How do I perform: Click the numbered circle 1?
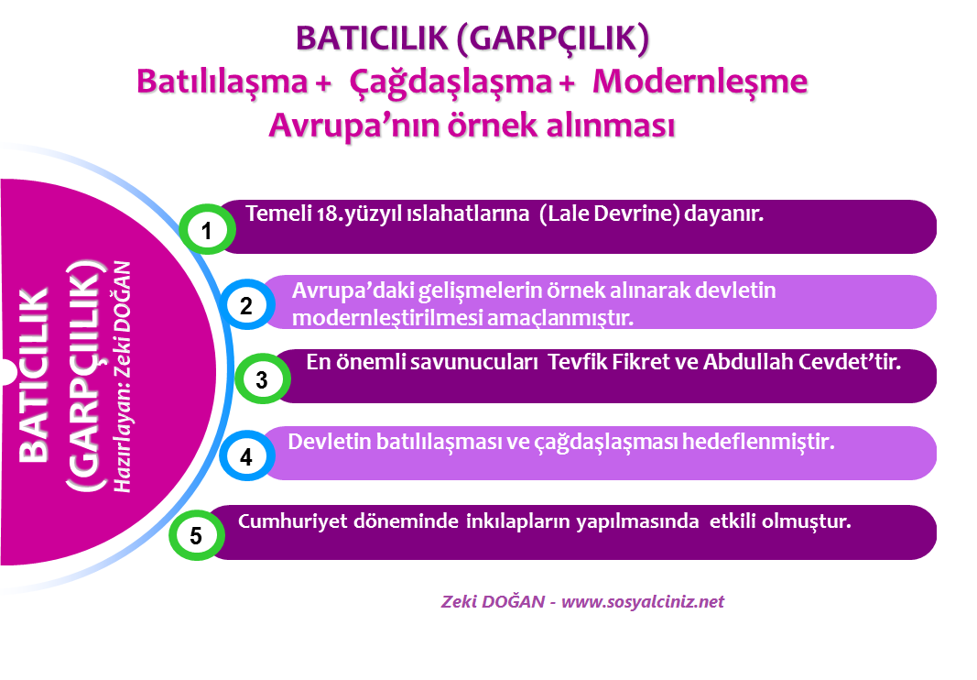click(x=207, y=230)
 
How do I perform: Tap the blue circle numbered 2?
click(x=246, y=305)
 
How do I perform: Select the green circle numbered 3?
click(x=262, y=378)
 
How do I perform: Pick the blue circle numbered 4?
click(x=246, y=456)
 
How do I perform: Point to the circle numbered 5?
click(x=196, y=535)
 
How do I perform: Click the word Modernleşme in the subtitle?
click(x=700, y=82)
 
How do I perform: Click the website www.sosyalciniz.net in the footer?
click(x=643, y=601)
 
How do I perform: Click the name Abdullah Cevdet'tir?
click(x=802, y=362)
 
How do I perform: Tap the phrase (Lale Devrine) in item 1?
click(x=610, y=214)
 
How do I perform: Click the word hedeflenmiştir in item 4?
click(x=758, y=442)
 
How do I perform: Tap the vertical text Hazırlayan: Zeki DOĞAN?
click(x=122, y=377)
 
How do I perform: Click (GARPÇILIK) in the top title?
click(x=553, y=38)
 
